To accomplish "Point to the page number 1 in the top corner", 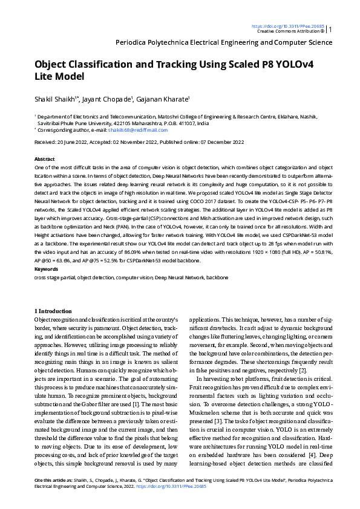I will (x=331, y=29).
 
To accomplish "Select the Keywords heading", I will (x=46, y=268).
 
